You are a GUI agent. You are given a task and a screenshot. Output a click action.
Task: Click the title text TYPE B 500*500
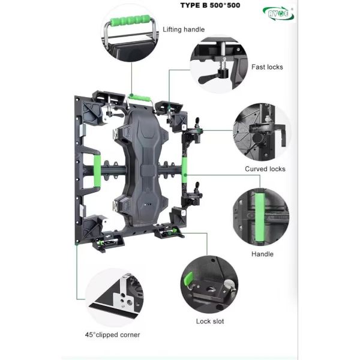coord(210,5)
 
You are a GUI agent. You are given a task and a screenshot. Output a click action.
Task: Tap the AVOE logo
coord(278,13)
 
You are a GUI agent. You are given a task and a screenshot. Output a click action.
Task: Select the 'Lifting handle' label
coord(184,29)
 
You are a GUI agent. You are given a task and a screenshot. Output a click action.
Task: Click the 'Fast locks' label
coord(267,67)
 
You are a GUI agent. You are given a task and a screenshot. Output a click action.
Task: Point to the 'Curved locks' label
coord(265,169)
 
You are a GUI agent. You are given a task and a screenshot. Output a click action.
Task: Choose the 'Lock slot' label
coord(210,321)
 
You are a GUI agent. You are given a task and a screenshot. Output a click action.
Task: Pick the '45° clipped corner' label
coord(113,335)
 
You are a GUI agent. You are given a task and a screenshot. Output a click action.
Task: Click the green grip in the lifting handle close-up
coord(130,20)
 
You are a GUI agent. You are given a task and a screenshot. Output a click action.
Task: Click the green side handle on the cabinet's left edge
coord(97,170)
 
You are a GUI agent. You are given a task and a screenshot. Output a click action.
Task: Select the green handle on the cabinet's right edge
coord(184,166)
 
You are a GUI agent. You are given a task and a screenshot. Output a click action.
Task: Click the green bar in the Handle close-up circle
coord(260,217)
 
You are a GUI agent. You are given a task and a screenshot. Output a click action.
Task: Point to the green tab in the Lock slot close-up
coord(188,280)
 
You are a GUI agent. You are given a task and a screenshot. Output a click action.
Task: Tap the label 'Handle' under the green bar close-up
coord(262,254)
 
